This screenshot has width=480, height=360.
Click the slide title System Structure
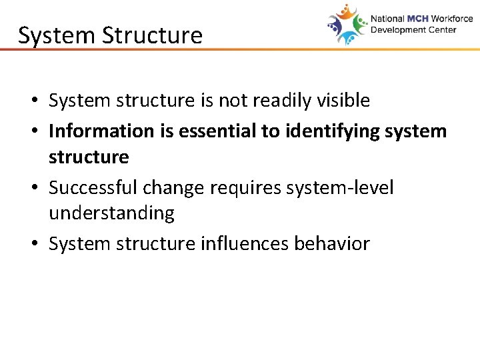110,35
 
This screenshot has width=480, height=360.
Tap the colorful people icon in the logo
347,25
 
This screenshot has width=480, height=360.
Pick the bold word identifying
330,131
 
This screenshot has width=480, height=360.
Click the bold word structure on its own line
89,157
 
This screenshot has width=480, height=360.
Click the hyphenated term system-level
340,188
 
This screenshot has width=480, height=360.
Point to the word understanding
111,213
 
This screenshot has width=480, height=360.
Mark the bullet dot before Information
33,131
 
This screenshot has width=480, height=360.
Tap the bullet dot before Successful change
33,189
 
